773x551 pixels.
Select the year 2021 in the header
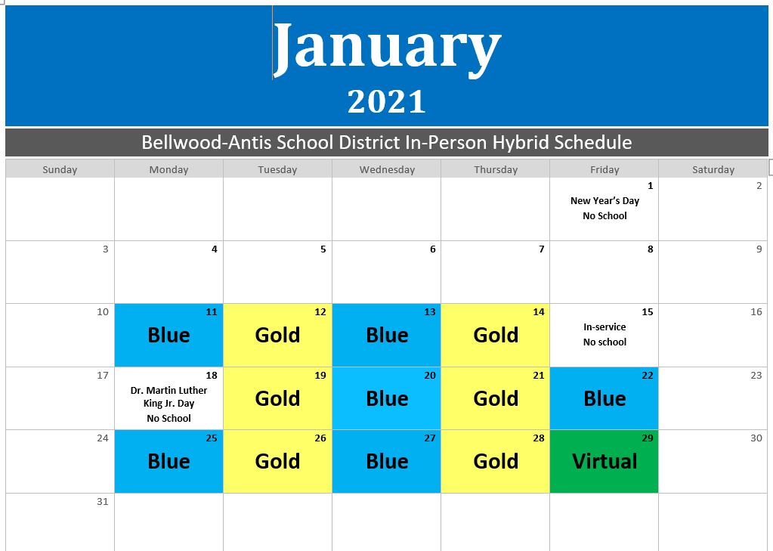pos(387,101)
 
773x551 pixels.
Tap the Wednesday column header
pos(387,170)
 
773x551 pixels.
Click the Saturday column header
pos(713,170)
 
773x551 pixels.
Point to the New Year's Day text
pos(604,201)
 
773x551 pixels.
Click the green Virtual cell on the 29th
pos(604,461)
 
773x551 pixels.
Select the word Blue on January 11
pos(169,335)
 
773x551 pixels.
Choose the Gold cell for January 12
pos(277,335)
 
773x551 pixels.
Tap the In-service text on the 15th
pos(604,327)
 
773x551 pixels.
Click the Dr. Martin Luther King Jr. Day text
pos(169,397)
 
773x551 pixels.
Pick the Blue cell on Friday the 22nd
pos(604,398)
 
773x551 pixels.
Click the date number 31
pos(102,501)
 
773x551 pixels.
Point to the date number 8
pos(651,249)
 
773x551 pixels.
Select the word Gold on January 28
pos(496,461)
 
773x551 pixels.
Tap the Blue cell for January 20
pos(387,398)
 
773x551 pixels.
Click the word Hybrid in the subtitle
pos(521,142)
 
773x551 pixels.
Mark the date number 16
pos(756,311)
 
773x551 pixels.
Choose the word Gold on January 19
pos(277,398)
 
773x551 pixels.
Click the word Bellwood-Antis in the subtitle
pos(206,142)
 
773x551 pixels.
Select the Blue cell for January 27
pos(387,461)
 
